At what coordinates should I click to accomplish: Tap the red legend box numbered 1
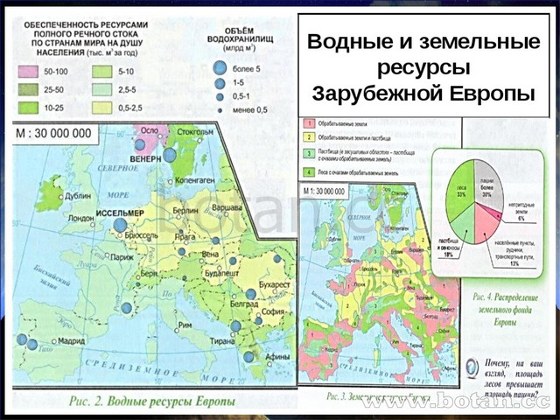pos(307,126)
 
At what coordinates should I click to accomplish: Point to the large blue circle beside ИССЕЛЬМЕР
pos(120,225)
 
